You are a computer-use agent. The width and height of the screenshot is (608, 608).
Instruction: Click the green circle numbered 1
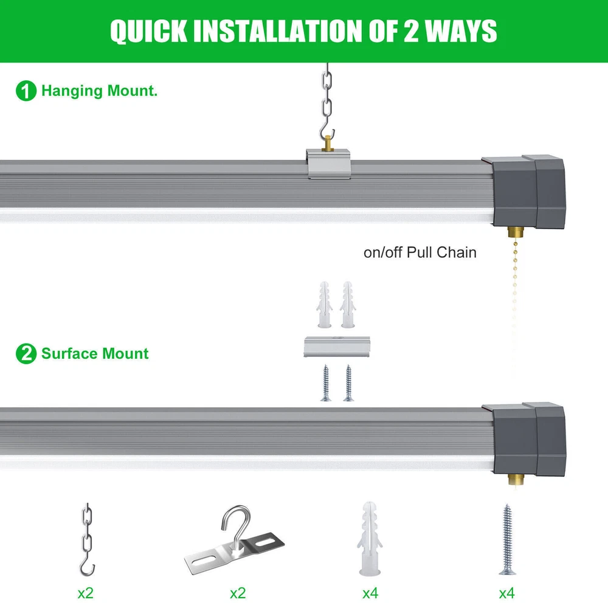(x=26, y=91)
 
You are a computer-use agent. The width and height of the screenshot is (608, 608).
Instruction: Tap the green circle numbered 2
(x=26, y=354)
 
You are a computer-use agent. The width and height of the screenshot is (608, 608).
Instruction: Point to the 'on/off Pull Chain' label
(x=420, y=252)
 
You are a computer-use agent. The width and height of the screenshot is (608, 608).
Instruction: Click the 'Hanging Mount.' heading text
(x=99, y=91)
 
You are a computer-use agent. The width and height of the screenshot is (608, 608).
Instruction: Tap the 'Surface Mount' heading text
(x=95, y=354)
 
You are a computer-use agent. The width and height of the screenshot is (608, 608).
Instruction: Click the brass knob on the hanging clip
(x=328, y=143)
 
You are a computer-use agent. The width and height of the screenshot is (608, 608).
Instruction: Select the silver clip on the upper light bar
(x=329, y=164)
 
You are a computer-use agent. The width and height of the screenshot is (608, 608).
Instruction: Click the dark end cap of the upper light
(x=523, y=192)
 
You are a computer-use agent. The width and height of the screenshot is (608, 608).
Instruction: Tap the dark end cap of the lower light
(x=523, y=439)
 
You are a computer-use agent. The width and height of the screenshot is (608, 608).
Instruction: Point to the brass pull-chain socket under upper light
(x=516, y=233)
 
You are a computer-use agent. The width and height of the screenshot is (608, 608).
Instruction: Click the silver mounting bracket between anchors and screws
(x=337, y=347)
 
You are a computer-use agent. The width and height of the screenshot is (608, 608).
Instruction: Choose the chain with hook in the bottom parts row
(x=88, y=539)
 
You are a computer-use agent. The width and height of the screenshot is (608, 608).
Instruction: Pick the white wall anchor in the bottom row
(x=370, y=538)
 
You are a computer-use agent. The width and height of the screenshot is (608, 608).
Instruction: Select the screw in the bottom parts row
(x=507, y=539)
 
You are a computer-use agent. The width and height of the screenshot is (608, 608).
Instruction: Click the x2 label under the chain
(x=85, y=593)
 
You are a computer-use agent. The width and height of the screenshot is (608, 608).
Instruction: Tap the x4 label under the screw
(x=507, y=593)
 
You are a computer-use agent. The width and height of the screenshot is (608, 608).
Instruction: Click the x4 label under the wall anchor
(x=370, y=593)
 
